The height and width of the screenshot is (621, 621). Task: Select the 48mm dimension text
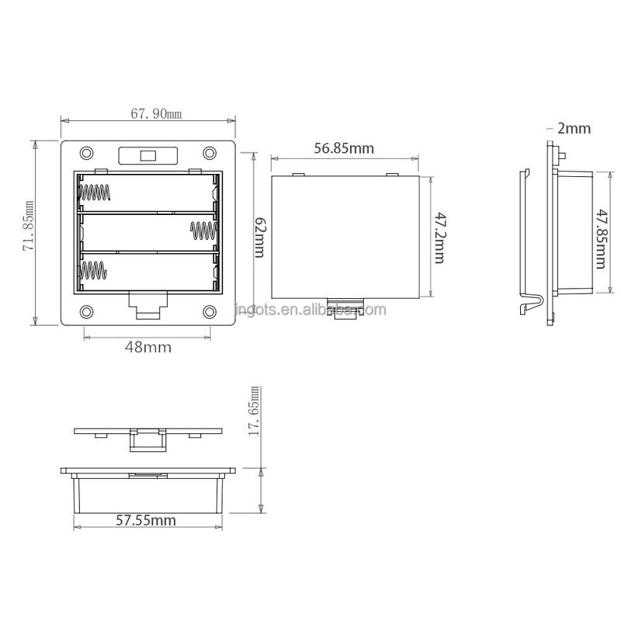click(148, 347)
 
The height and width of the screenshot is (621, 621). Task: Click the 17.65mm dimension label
click(252, 410)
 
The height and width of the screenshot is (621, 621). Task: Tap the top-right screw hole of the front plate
click(210, 152)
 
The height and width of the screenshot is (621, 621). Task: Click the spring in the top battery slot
click(96, 191)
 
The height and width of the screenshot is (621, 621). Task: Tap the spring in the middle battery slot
click(201, 231)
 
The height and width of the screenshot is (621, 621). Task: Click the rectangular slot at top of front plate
click(147, 155)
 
